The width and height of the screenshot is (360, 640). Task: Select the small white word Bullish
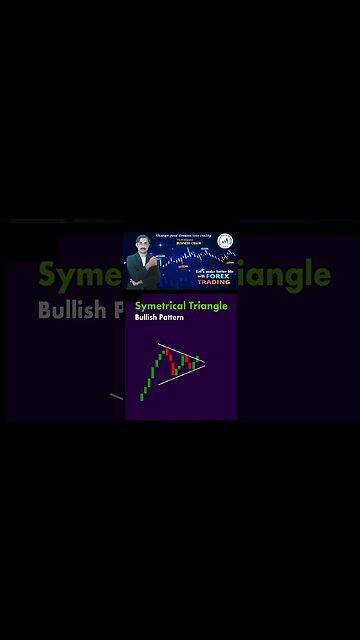click(x=146, y=320)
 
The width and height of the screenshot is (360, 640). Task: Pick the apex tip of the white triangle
click(x=205, y=362)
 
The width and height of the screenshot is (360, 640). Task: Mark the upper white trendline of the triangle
click(x=180, y=353)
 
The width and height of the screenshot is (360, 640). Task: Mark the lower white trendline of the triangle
click(x=180, y=373)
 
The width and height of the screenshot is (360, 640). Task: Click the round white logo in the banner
click(x=225, y=241)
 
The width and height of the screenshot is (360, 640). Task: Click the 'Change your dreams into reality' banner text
click(x=180, y=236)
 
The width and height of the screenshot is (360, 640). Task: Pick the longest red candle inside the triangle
click(x=184, y=362)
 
